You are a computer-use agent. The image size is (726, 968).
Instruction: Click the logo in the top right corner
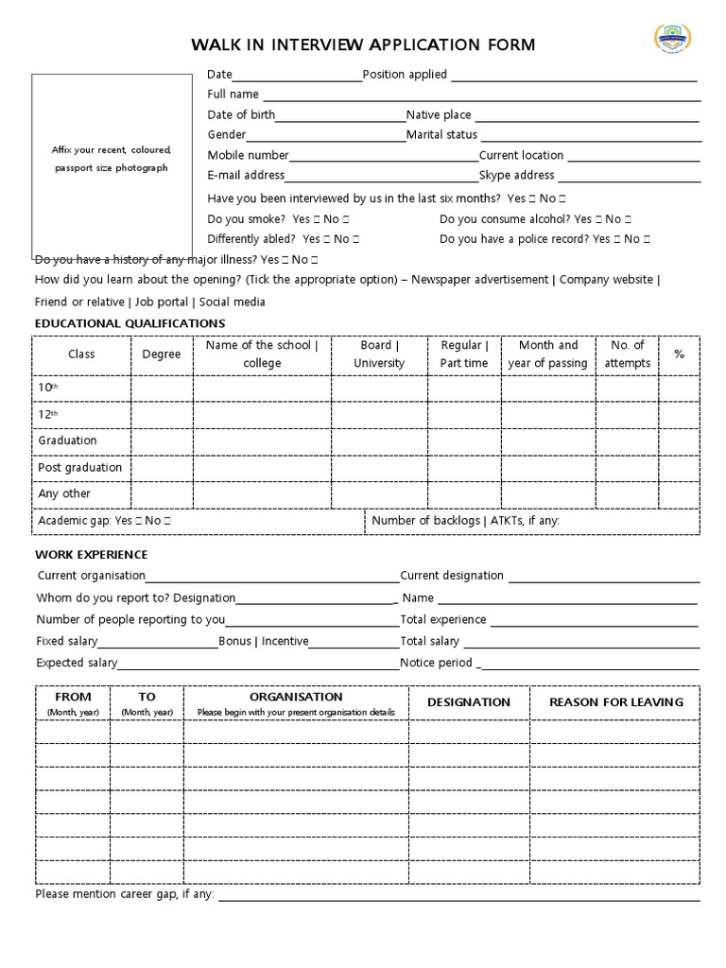pyautogui.click(x=673, y=39)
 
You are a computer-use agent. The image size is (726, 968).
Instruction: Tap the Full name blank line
pyautogui.click(x=481, y=95)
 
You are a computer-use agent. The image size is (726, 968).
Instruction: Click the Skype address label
pyautogui.click(x=516, y=175)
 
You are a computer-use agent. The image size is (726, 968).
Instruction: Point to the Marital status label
pyautogui.click(x=441, y=135)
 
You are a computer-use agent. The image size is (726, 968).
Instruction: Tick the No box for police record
pyautogui.click(x=647, y=240)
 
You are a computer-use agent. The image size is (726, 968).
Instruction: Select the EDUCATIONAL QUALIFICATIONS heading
pyautogui.click(x=130, y=324)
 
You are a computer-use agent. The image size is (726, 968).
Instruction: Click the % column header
pyautogui.click(x=679, y=354)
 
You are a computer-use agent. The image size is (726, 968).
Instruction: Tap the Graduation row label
pyautogui.click(x=67, y=441)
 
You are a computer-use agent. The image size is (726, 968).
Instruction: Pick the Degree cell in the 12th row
pyautogui.click(x=162, y=414)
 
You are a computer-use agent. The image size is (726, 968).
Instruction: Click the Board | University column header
pyautogui.click(x=379, y=354)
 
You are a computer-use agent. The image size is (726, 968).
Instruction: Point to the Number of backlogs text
pyautogui.click(x=425, y=521)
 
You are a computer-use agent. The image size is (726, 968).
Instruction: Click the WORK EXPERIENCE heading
pyautogui.click(x=92, y=555)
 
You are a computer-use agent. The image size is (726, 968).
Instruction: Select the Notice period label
pyautogui.click(x=436, y=663)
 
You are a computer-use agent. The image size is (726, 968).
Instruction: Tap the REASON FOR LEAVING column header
pyautogui.click(x=615, y=702)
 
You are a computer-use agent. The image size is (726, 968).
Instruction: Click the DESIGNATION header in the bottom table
pyautogui.click(x=468, y=702)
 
